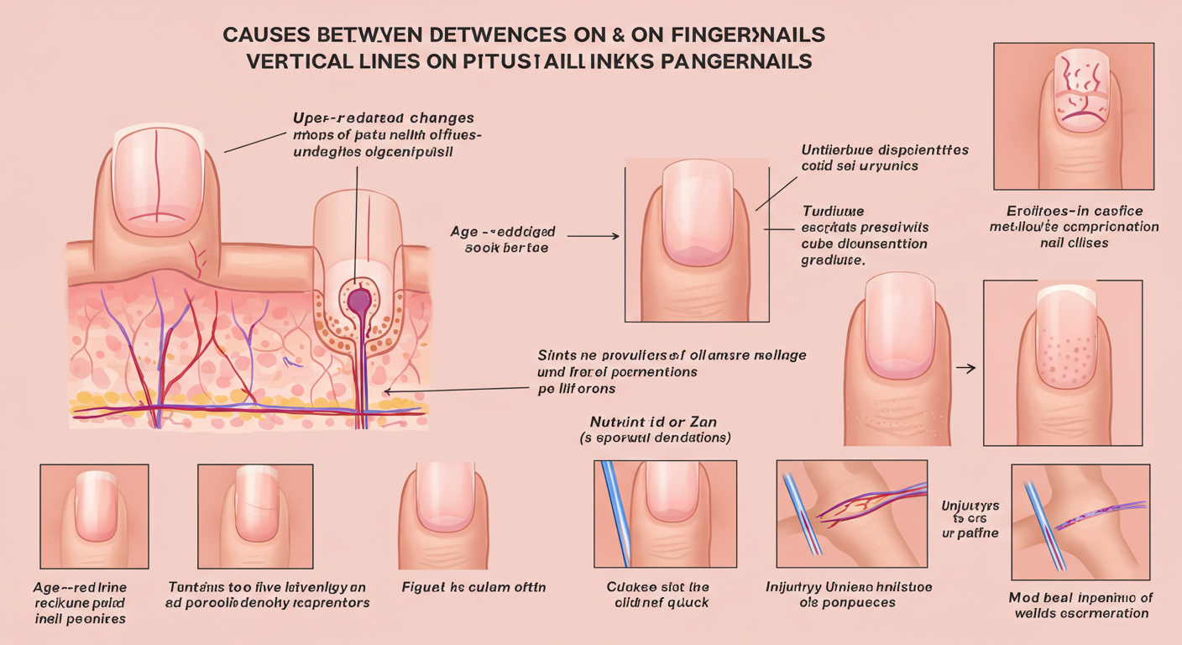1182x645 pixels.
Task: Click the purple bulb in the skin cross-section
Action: [359, 299]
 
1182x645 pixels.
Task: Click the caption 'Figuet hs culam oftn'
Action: [473, 587]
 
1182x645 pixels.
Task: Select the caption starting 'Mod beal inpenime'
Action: [1081, 597]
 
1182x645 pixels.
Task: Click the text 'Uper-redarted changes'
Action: [383, 118]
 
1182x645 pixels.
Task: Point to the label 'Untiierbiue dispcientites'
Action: [885, 150]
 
